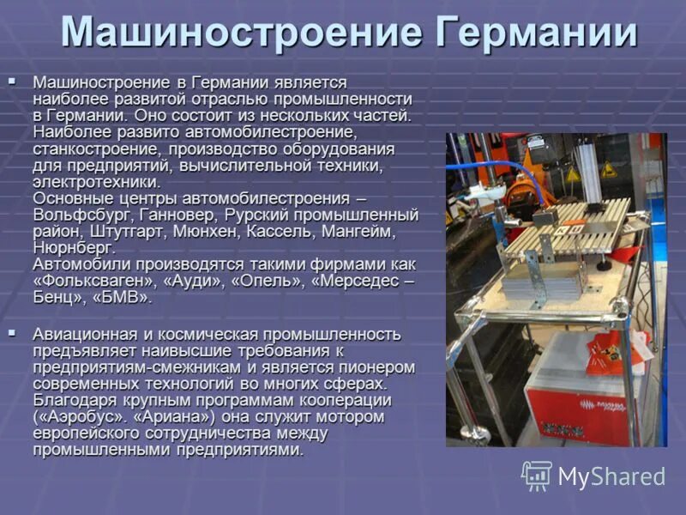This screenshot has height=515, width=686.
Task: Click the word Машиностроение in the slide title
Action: pyautogui.click(x=241, y=34)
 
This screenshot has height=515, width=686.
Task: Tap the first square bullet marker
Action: pyautogui.click(x=12, y=81)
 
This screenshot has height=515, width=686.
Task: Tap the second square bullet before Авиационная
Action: pyautogui.click(x=12, y=331)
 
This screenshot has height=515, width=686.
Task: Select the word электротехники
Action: pyautogui.click(x=96, y=182)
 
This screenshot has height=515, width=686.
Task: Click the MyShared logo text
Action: pyautogui.click(x=611, y=476)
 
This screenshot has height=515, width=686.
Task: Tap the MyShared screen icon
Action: pyautogui.click(x=537, y=476)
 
